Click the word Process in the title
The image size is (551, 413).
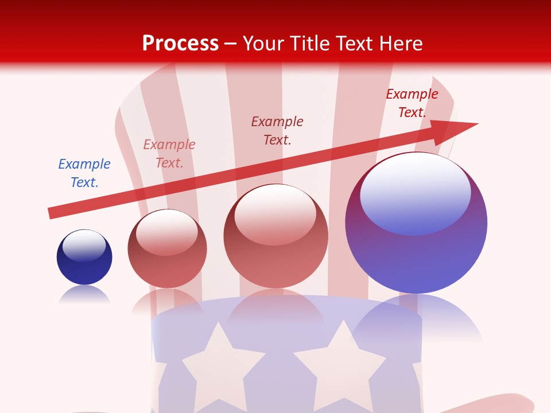click(180, 44)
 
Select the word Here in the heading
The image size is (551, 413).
click(400, 44)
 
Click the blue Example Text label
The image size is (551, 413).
click(84, 173)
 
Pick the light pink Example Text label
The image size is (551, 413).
click(169, 154)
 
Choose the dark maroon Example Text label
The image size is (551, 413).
click(277, 131)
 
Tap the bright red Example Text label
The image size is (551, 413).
click(412, 103)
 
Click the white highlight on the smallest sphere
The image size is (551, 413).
click(84, 244)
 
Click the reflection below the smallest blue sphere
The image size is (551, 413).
click(84, 295)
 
